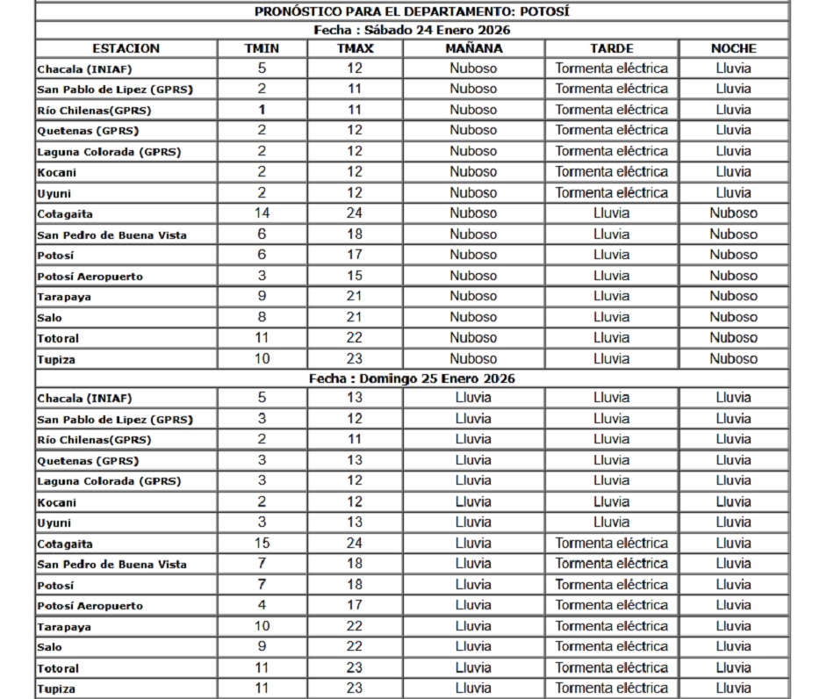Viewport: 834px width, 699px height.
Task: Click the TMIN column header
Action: (262, 48)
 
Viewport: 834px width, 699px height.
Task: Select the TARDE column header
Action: (611, 48)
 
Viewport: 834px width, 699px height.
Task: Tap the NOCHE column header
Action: (733, 48)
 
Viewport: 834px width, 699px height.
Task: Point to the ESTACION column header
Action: (126, 48)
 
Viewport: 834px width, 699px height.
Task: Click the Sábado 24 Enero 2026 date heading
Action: (412, 30)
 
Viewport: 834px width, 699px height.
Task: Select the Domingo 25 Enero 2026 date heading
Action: (412, 378)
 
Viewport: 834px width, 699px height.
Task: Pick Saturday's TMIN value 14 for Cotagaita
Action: (262, 213)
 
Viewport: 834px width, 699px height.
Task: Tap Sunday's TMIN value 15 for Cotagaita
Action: (262, 544)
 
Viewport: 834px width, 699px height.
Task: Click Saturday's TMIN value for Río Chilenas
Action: (262, 110)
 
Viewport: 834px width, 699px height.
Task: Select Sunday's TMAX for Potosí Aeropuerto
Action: (355, 605)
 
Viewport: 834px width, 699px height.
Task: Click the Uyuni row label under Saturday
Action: (55, 193)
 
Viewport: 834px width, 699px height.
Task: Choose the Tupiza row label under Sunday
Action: (56, 689)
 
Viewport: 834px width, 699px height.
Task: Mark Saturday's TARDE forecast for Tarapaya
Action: (611, 297)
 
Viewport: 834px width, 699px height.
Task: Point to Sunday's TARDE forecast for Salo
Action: (611, 647)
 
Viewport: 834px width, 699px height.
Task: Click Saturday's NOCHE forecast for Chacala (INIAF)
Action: (733, 68)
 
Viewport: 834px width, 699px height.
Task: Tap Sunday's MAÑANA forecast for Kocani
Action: (473, 502)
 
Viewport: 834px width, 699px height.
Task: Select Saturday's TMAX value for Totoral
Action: (355, 338)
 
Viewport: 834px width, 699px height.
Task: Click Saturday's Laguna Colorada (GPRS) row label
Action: (109, 152)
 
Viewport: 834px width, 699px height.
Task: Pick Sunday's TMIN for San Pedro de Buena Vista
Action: (262, 564)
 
